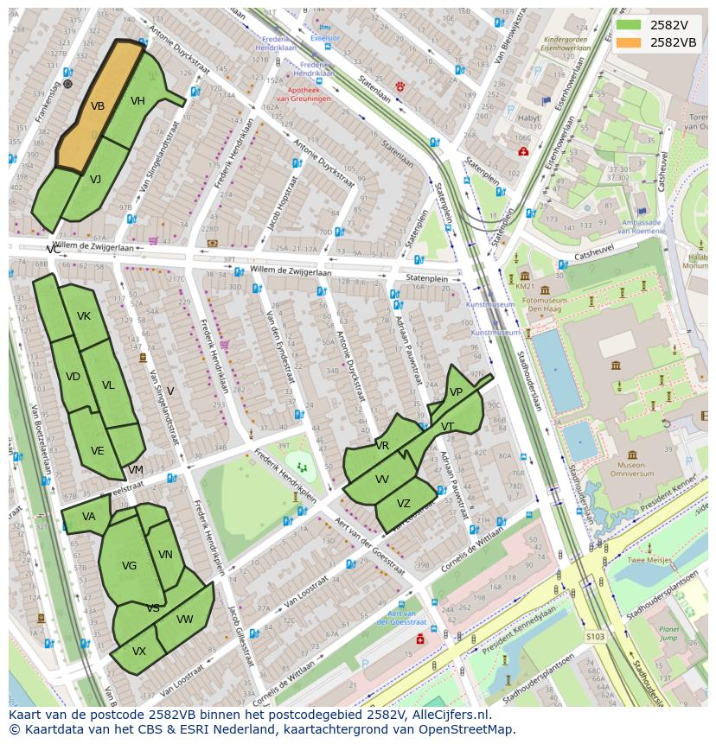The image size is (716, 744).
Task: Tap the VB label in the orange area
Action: point(98,106)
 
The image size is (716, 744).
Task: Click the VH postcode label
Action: point(137,101)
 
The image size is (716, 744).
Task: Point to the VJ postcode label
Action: point(95,180)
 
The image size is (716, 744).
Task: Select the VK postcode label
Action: point(83,316)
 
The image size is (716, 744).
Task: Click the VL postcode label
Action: point(108,385)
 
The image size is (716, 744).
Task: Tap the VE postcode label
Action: point(97,451)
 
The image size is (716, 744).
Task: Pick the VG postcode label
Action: point(129,566)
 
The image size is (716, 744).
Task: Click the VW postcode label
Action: point(185,620)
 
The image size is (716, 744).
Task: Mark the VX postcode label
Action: point(139,652)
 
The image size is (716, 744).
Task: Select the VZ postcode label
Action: point(404,504)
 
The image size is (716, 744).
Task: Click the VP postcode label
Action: point(456,392)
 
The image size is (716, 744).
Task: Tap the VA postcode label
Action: point(89,517)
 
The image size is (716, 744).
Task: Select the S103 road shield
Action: point(594,637)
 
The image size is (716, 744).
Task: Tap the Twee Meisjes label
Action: point(649,560)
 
